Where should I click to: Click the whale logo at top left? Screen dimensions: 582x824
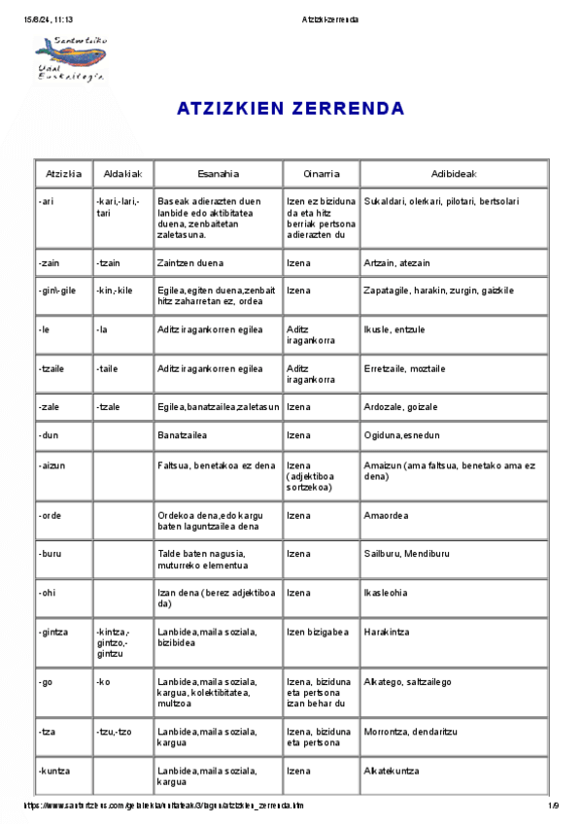click(x=69, y=58)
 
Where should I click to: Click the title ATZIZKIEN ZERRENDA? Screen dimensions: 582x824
click(x=291, y=109)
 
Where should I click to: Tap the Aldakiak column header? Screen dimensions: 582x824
click(x=122, y=174)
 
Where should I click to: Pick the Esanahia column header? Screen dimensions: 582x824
click(x=218, y=174)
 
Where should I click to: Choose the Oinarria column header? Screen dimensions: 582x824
click(x=321, y=174)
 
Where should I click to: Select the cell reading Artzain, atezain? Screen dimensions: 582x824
click(x=396, y=263)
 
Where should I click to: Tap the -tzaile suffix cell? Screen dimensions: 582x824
click(x=52, y=369)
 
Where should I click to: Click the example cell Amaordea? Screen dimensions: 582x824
click(x=386, y=516)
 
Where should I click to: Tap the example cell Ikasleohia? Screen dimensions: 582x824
click(x=387, y=593)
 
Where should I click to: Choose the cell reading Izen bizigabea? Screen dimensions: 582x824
click(x=318, y=632)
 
